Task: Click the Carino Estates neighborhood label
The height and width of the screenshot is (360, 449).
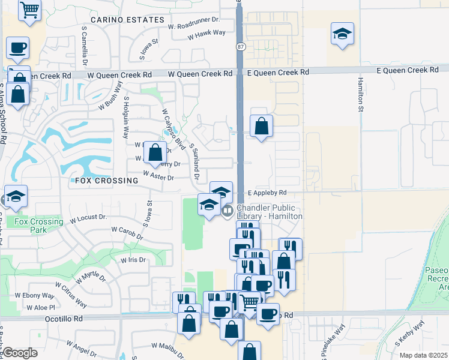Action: point(127,20)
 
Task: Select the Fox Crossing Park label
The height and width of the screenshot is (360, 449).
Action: point(39,226)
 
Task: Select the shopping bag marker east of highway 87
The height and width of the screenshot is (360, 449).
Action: point(261,126)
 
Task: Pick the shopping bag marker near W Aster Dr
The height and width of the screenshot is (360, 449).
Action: point(155,153)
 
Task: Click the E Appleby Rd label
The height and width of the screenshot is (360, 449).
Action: point(268,193)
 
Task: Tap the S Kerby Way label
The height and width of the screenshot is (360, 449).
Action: point(409,334)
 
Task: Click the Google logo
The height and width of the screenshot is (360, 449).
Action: point(20,353)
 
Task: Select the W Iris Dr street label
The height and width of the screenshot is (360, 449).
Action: point(133,260)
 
